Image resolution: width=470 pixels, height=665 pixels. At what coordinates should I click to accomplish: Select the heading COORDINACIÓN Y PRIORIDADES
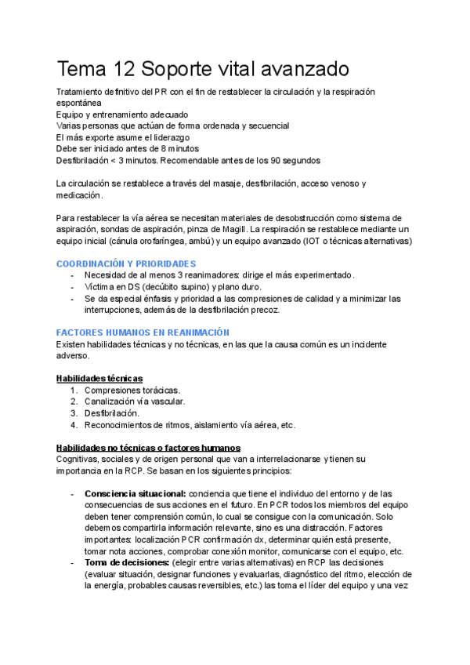[x=126, y=263]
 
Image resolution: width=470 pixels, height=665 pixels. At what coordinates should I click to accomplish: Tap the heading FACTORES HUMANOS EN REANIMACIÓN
[x=143, y=332]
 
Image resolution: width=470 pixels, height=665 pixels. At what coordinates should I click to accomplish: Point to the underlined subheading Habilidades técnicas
[x=99, y=378]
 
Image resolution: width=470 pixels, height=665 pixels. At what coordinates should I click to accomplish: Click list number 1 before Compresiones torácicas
[x=74, y=390]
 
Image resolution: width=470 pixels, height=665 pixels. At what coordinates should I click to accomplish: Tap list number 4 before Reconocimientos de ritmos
[x=74, y=425]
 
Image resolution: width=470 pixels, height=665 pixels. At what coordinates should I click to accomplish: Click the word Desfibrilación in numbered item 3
[x=112, y=413]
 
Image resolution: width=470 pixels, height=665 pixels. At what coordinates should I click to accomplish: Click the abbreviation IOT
[x=313, y=241]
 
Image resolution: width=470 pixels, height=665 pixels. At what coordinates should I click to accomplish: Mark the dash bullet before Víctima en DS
[x=72, y=286]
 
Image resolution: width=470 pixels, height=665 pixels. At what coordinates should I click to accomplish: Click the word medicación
[x=80, y=194]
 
